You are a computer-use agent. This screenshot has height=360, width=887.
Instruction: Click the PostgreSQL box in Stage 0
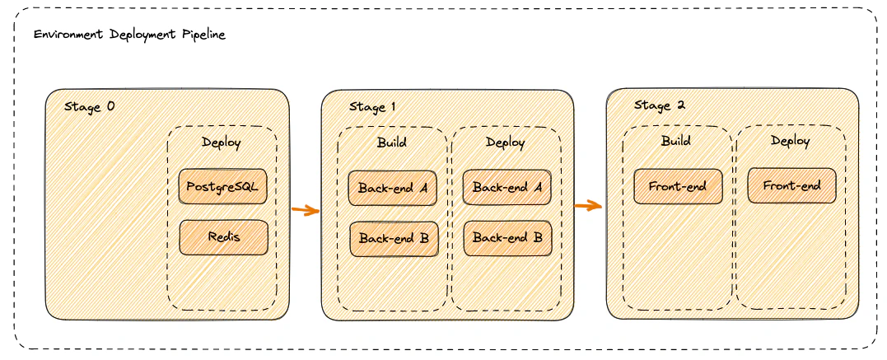(x=222, y=186)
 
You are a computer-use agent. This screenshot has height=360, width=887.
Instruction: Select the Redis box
(x=223, y=237)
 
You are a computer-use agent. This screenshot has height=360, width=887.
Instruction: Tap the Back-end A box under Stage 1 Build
(x=392, y=188)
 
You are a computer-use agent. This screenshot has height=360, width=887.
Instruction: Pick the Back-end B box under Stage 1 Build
(x=394, y=238)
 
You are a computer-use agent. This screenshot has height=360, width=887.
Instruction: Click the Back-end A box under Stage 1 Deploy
(x=507, y=188)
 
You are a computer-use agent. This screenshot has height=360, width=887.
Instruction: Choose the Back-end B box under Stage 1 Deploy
(x=507, y=238)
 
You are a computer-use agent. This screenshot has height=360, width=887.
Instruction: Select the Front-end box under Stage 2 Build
(x=677, y=186)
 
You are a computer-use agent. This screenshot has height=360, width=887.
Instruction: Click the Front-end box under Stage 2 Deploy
(x=791, y=185)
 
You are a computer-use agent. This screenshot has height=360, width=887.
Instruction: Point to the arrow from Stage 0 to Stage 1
(x=305, y=211)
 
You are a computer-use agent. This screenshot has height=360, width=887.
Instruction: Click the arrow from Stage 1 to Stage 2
(x=588, y=206)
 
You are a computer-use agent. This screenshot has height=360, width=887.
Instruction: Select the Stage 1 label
(x=372, y=107)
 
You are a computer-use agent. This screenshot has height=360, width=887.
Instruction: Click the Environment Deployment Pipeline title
(x=129, y=35)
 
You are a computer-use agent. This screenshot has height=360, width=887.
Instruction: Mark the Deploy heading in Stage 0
(x=222, y=143)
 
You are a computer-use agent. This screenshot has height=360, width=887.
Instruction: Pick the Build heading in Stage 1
(x=391, y=142)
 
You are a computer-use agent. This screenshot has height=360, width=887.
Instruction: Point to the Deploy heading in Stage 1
(x=505, y=142)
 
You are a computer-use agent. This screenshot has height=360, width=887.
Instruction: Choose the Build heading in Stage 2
(x=675, y=141)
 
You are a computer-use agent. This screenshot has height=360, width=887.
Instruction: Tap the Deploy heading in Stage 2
(x=790, y=141)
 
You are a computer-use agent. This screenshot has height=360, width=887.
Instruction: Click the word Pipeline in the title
(x=203, y=35)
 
